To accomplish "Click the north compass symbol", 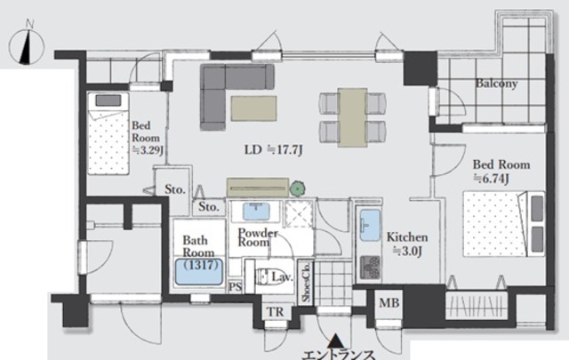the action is pyautogui.click(x=26, y=45).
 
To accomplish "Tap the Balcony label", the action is pyautogui.click(x=496, y=84).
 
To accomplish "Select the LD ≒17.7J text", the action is pyautogui.click(x=273, y=149).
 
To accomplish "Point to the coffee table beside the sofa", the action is pyautogui.click(x=253, y=108).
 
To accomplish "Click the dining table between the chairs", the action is pyautogui.click(x=352, y=117).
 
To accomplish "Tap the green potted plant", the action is pyautogui.click(x=297, y=188).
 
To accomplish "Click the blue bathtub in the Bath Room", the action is pyautogui.click(x=199, y=271).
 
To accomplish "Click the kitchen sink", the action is pyautogui.click(x=370, y=226).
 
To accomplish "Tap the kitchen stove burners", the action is pyautogui.click(x=371, y=268).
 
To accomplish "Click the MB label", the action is pyautogui.click(x=389, y=302).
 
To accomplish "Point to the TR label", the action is pyautogui.click(x=276, y=312).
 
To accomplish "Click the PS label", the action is pyautogui.click(x=235, y=287).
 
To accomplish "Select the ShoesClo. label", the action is pyautogui.click(x=306, y=282).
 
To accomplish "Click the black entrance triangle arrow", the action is pyautogui.click(x=336, y=340).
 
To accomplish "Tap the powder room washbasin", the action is pyautogui.click(x=256, y=212).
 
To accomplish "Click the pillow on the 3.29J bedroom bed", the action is pyautogui.click(x=108, y=100).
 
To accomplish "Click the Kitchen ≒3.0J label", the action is pyautogui.click(x=407, y=244).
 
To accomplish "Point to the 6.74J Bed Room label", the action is pyautogui.click(x=501, y=172).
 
